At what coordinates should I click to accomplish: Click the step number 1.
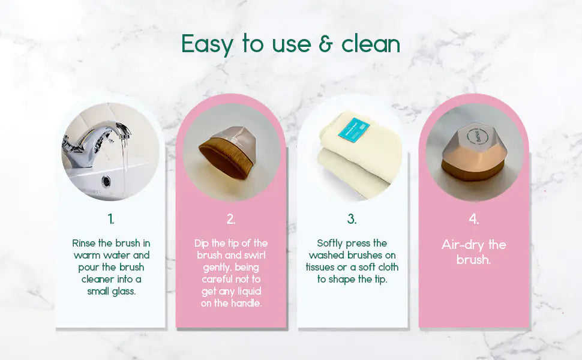click(x=110, y=218)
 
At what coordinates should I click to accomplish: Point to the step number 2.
click(x=231, y=219)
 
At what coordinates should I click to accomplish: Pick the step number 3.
click(x=352, y=219)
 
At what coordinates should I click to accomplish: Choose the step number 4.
click(x=473, y=219)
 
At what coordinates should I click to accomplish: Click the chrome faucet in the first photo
click(x=96, y=141)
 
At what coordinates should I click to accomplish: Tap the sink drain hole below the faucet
click(x=107, y=180)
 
